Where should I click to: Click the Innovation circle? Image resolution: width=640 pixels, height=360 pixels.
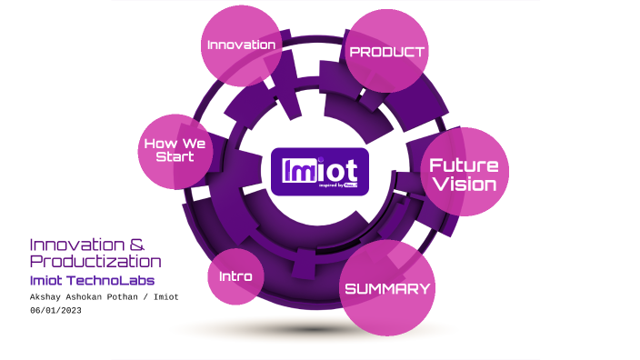(x=241, y=45)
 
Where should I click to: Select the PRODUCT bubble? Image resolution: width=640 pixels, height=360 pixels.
(x=387, y=51)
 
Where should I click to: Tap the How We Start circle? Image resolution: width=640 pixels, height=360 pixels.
(x=175, y=150)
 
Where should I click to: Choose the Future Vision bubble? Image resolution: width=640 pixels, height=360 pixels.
(x=464, y=174)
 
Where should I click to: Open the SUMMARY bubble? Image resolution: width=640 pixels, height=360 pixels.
(x=386, y=289)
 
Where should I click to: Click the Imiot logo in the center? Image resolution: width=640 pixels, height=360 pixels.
(x=319, y=171)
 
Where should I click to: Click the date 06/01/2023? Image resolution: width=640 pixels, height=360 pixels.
(x=55, y=311)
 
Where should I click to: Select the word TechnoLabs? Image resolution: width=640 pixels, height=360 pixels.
(x=115, y=280)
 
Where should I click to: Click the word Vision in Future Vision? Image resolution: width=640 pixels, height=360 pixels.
(x=464, y=185)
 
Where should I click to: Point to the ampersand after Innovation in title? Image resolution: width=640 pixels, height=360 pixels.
(x=136, y=245)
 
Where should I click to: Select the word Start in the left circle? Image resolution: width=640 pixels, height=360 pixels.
(x=175, y=157)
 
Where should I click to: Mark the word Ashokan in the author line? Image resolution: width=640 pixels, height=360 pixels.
(x=95, y=296)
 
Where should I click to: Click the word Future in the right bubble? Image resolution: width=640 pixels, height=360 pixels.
(x=464, y=165)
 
